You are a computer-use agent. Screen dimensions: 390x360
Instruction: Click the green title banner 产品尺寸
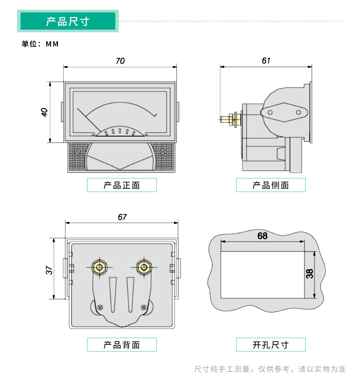coord(67,21)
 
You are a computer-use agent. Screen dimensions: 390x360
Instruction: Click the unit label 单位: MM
coord(41,44)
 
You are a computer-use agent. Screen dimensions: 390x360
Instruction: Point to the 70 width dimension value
coord(120,61)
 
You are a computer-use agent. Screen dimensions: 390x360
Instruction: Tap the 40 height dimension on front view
coord(45,112)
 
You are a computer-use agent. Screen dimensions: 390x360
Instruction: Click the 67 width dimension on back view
coord(122,217)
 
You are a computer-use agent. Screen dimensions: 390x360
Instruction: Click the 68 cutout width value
coord(262,236)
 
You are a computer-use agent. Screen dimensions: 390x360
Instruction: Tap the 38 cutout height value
coord(309,274)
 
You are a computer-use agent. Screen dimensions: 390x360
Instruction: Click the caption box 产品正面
coord(122,185)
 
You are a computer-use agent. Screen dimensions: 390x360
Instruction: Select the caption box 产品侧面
coord(271,185)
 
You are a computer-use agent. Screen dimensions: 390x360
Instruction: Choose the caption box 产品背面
coord(122,345)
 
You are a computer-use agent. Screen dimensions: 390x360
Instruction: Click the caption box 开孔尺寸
coord(271,345)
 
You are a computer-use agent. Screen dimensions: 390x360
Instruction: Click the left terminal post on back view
coord(99,267)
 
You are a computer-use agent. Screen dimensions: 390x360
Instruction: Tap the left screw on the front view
coord(77,151)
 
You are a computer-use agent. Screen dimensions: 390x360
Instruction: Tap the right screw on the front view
coord(162,151)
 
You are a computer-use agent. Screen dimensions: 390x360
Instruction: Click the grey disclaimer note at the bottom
coord(270,369)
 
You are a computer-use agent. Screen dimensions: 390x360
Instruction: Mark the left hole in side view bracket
coord(270,112)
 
